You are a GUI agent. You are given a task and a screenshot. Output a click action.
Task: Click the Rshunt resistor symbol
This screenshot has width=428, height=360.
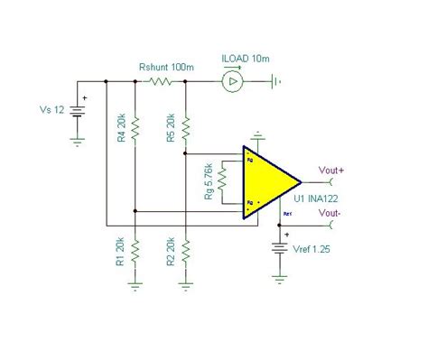click(x=159, y=82)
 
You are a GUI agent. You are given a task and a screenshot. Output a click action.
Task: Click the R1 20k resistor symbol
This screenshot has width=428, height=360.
click(x=134, y=250)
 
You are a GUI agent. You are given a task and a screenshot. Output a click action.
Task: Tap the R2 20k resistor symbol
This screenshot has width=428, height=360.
click(x=184, y=250)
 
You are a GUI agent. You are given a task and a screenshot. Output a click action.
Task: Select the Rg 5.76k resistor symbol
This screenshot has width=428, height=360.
click(x=222, y=184)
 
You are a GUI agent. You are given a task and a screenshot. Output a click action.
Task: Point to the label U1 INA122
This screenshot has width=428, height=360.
click(x=314, y=198)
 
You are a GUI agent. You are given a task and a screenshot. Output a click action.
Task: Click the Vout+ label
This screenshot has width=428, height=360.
click(x=331, y=167)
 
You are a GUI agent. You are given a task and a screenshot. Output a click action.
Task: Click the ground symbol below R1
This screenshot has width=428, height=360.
click(x=134, y=282)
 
